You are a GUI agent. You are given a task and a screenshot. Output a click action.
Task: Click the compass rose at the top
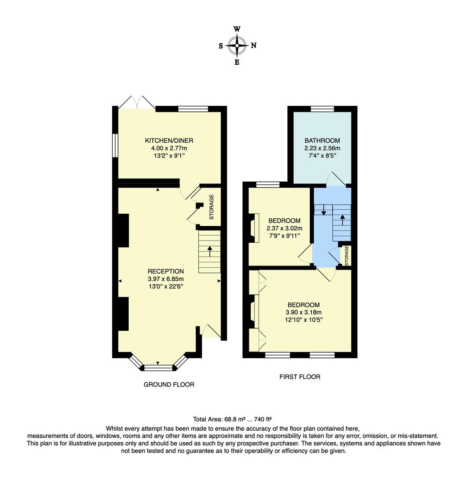[237, 45]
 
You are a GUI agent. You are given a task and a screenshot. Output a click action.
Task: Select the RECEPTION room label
[166, 271]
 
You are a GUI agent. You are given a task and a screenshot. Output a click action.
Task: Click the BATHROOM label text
[322, 141]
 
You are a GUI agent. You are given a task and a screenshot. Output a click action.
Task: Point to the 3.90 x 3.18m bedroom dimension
[303, 312]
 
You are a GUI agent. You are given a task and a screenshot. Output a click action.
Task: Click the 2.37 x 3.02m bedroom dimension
[284, 228]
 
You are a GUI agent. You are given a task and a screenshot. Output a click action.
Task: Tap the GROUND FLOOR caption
[169, 384]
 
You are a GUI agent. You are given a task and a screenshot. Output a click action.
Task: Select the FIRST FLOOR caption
[300, 377]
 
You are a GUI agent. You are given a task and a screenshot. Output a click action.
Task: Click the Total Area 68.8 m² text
[232, 419]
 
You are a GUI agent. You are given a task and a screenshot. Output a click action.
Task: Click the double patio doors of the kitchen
[137, 102]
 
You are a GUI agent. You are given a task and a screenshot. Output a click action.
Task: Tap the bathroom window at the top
[322, 108]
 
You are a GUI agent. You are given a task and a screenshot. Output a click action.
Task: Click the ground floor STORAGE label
[212, 207]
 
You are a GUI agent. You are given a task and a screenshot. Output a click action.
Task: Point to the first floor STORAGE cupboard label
[346, 255]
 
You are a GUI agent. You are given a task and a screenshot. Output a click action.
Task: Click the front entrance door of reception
[211, 331]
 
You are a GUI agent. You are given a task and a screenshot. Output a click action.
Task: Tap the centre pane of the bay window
[158, 368]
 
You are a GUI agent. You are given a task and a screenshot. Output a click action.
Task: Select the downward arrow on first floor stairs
[323, 210]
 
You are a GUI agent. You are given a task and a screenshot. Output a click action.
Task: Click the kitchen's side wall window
[115, 145]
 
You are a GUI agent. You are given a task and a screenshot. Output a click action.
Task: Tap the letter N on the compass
[253, 45]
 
